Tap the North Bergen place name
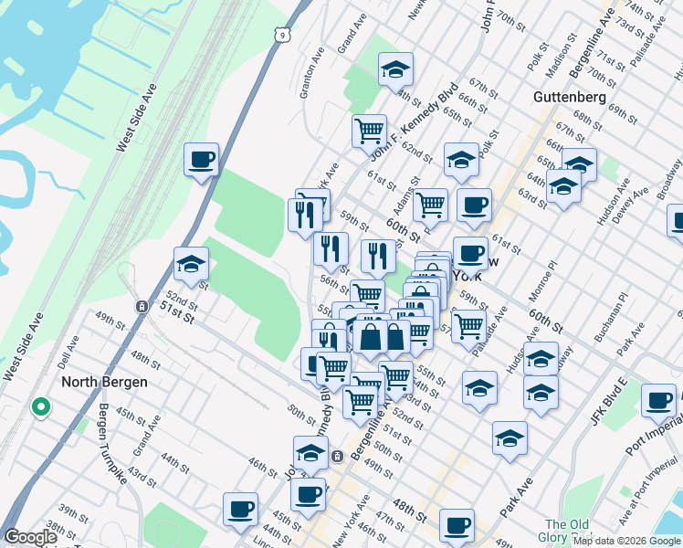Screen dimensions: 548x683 pyautogui.click(x=103, y=382)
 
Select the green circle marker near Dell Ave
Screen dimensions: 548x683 pyautogui.click(x=40, y=407)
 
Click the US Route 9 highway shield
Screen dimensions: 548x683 pyautogui.click(x=285, y=35)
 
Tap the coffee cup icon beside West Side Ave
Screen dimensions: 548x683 pyautogui.click(x=201, y=160)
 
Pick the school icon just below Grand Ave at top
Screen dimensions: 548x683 pyautogui.click(x=395, y=69)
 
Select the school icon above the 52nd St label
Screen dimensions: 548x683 pyautogui.click(x=191, y=264)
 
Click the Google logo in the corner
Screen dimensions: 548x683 pyautogui.click(x=30, y=537)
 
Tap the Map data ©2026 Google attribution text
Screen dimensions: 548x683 pyautogui.click(x=625, y=541)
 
